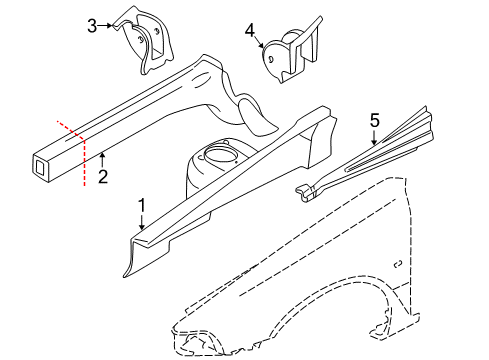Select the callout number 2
[103, 176]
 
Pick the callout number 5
[374, 122]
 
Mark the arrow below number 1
[142, 224]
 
